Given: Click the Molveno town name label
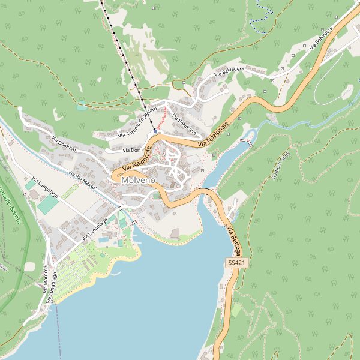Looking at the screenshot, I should click(138, 180).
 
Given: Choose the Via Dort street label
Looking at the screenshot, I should click(131, 150).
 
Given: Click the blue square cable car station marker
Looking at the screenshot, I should click(155, 131).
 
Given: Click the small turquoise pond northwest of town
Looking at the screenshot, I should click(82, 107).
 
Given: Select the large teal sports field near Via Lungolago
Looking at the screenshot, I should click(48, 204).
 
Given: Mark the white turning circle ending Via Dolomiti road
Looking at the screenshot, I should click(20, 109).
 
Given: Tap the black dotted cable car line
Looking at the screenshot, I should click(123, 60).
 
